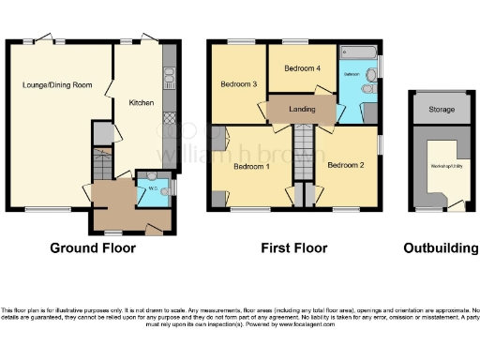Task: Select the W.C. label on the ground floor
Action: (152, 185)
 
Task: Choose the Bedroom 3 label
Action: (238, 84)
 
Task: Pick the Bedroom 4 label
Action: (302, 68)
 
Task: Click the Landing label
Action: (302, 109)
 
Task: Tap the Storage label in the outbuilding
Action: (442, 110)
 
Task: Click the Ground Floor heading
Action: (93, 248)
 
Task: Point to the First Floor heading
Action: (294, 248)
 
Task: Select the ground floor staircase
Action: (101, 169)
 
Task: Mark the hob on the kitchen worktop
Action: (170, 76)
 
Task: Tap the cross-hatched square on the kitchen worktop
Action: (170, 119)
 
